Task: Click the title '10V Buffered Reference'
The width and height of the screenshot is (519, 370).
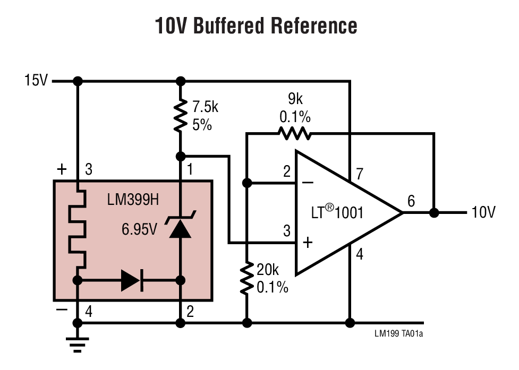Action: click(256, 25)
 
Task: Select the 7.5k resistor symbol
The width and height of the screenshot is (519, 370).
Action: click(181, 115)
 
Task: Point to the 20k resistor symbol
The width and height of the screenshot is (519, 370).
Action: click(247, 278)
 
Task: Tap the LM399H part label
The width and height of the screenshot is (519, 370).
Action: click(133, 201)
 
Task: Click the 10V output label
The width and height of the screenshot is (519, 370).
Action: click(483, 213)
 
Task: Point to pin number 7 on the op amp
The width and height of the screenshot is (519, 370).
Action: click(360, 174)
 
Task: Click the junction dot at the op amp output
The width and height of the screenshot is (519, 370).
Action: click(434, 213)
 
